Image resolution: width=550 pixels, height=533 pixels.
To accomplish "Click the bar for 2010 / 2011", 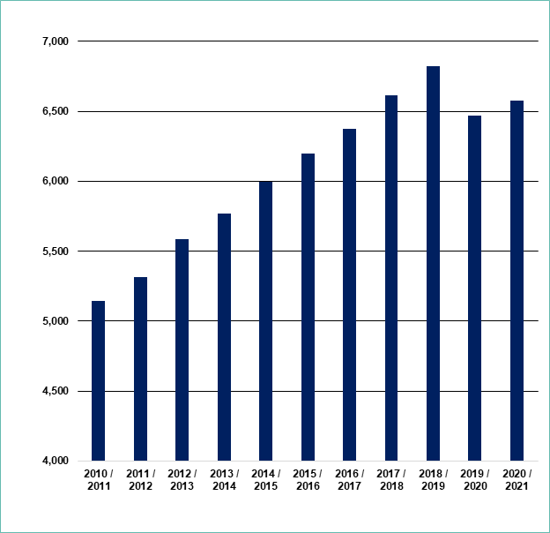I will (x=98, y=380).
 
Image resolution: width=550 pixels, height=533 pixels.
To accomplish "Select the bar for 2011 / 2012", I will (x=140, y=369).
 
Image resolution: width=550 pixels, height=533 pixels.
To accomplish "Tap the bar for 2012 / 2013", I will (x=182, y=349).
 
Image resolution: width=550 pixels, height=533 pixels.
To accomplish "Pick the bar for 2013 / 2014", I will (x=224, y=337).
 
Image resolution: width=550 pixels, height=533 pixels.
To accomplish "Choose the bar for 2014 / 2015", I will (x=265, y=320).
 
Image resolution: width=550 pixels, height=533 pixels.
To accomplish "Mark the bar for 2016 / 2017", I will (x=349, y=295).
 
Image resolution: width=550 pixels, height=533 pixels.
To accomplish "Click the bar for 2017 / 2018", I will (x=391, y=278).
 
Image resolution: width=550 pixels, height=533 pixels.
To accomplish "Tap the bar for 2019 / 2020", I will (x=475, y=288).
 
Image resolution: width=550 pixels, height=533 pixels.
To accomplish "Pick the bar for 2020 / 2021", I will (x=517, y=281).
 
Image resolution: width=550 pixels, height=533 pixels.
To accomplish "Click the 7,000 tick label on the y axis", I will (x=54, y=41).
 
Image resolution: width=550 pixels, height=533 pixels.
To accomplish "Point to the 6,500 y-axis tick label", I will (x=54, y=111).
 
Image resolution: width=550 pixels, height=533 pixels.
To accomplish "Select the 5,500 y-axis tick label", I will (x=54, y=251).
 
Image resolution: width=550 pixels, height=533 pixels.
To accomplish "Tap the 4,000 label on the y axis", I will (x=54, y=461).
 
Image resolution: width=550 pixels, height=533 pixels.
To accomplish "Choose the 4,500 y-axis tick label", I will (x=54, y=391).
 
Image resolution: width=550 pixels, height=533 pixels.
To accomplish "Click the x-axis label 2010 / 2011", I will (x=98, y=480).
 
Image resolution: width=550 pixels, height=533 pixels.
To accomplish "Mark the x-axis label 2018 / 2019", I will (x=433, y=480).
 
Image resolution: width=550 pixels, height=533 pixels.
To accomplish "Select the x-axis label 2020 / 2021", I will (x=517, y=480).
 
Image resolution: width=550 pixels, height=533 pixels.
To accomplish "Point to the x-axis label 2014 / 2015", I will (x=265, y=480).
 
